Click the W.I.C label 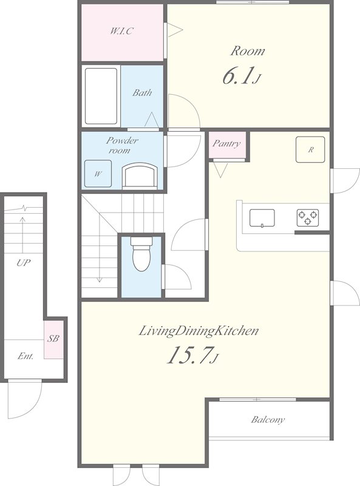122,31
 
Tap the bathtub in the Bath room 101,96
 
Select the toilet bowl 141,254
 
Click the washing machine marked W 98,174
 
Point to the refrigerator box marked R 310,149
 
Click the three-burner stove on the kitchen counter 308,218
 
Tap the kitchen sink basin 262,218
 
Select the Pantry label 226,143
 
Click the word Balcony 268,420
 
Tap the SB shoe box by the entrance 53,340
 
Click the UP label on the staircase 24,263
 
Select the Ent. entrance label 25,356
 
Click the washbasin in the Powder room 140,176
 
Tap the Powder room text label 122,145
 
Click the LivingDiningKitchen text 199,331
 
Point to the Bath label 142,93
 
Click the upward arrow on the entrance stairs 22,234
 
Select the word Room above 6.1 248,51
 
